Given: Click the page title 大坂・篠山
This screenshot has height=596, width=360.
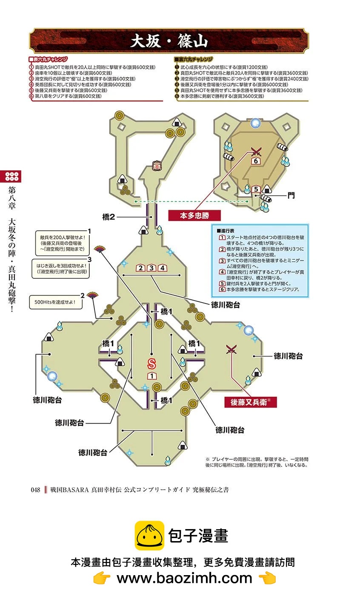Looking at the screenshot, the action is point(169,41).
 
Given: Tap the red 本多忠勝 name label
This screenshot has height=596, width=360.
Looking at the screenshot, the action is point(194,215).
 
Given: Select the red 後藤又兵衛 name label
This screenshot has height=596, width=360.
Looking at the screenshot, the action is point(250,402).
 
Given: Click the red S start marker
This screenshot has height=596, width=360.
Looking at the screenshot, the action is point(151,364).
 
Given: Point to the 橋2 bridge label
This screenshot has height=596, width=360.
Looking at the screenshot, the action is point(109,217).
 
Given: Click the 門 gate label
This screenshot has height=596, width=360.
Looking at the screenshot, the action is point(291,195).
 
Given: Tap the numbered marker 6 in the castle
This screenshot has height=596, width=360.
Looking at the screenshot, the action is point(256,161).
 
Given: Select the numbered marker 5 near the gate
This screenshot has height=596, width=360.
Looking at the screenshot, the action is point(256,189).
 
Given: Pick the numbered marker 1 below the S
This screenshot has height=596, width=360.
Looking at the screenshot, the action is point(152,376).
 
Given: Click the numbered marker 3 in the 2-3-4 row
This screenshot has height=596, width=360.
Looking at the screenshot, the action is point(151,268).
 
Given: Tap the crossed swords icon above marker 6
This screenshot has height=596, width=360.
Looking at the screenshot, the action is point(256,152).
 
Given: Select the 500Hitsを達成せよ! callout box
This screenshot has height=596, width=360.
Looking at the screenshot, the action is point(55,302).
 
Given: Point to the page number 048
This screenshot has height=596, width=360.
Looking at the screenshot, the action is point(35,490).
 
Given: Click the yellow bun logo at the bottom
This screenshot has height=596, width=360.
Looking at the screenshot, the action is point(149,536).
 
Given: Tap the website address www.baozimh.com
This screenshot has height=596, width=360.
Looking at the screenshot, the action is point(184,578).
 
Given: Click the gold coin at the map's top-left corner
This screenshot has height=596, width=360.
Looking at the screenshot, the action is point(120,116).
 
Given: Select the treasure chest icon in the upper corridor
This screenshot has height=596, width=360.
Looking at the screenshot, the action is point(157,166).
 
